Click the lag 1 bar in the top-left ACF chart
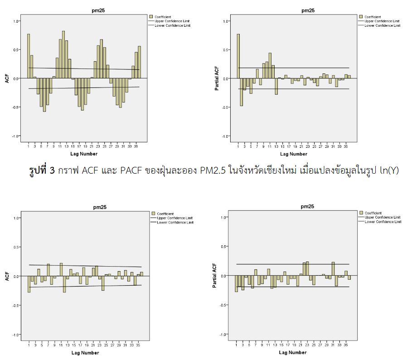(29, 56)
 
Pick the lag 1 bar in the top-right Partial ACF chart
(238, 56)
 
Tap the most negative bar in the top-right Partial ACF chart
(242, 92)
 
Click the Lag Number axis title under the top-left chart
(85, 154)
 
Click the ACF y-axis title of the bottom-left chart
(7, 276)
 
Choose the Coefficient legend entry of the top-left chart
(163, 16)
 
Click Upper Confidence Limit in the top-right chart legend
(382, 21)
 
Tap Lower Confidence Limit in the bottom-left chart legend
(174, 222)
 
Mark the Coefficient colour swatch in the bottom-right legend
(361, 213)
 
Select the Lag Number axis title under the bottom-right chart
(293, 352)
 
